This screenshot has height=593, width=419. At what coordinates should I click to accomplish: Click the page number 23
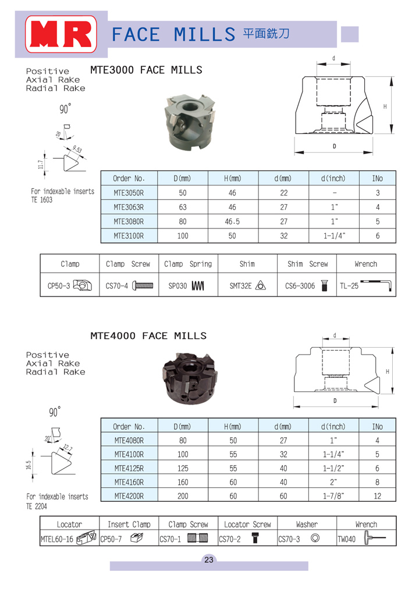click(209, 560)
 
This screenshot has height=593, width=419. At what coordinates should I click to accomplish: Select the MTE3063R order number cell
click(129, 207)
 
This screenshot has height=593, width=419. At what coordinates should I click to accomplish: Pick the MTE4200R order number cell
click(129, 496)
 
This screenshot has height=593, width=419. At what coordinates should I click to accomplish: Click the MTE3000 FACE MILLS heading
click(146, 70)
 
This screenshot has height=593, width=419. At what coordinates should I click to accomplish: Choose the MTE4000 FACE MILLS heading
click(148, 336)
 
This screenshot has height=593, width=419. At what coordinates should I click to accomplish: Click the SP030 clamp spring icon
click(198, 285)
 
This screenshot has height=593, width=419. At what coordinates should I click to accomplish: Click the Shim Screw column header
click(307, 264)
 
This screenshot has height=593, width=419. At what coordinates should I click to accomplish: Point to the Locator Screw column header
click(247, 524)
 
